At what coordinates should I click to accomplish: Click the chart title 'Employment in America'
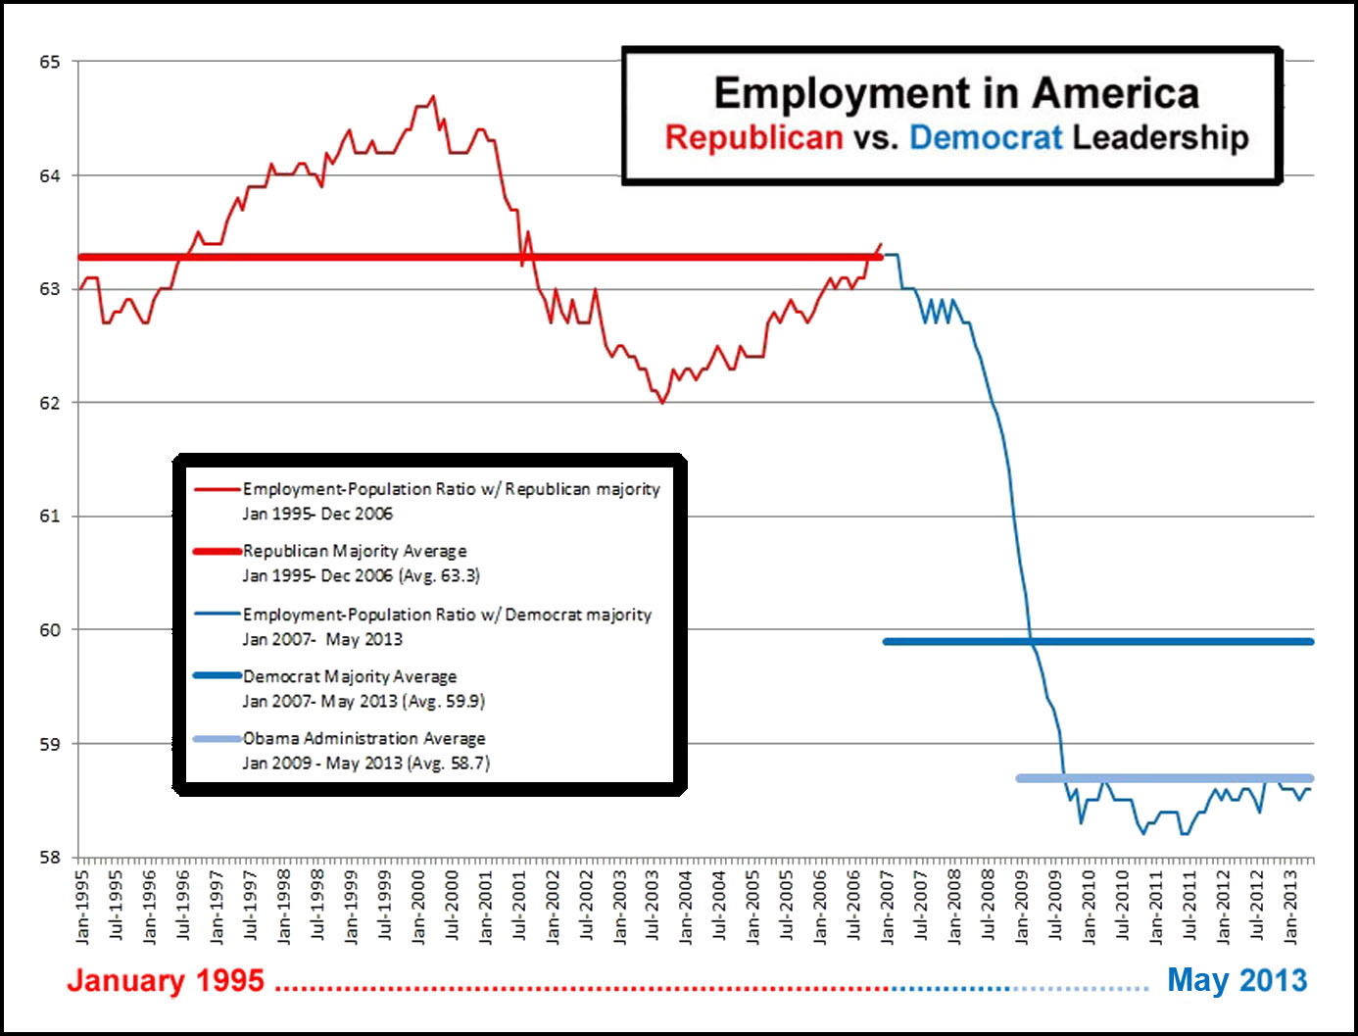point(956,94)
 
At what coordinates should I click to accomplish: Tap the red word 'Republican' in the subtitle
point(753,137)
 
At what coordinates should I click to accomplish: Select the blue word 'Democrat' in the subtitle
point(985,137)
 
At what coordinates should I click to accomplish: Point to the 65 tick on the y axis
point(50,62)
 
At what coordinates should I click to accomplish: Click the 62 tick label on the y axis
point(50,403)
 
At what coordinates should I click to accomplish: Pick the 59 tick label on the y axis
point(50,744)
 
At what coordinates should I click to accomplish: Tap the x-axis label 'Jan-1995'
point(83,907)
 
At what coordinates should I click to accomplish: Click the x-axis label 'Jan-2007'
point(888,907)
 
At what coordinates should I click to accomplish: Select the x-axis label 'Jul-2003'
point(654,907)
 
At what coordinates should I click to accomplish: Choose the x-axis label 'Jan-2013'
point(1290,907)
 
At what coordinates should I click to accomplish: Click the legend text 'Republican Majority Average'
point(355,551)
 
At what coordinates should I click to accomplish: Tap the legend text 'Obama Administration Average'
point(364,738)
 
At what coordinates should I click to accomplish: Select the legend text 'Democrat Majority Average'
point(350,676)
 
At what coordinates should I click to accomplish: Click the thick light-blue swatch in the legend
point(218,738)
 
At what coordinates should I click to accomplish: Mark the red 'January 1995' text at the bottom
point(166,980)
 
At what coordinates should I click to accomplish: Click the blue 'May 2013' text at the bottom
point(1237,980)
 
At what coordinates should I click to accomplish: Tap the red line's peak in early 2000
point(433,96)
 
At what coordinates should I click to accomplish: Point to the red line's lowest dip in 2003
point(662,402)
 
